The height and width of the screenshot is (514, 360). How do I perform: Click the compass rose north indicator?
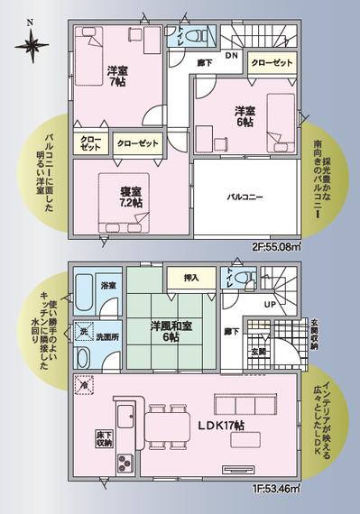(32, 41)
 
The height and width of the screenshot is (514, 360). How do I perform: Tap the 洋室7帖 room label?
(116, 77)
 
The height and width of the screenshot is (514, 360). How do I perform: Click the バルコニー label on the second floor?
(245, 197)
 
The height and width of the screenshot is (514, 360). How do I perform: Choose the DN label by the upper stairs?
(230, 55)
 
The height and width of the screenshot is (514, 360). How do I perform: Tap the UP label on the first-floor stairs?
(269, 304)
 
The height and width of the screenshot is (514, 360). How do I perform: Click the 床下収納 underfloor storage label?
(103, 439)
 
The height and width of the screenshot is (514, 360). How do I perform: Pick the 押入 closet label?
(190, 279)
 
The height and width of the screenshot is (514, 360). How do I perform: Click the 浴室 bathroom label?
(108, 285)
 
